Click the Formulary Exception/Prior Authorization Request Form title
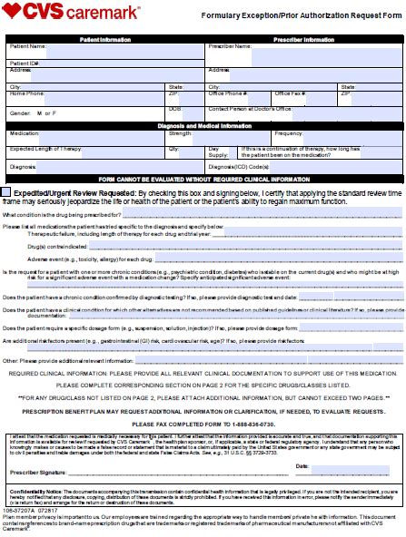pos(301,16)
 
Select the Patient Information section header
pos(104,40)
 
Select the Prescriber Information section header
pos(304,40)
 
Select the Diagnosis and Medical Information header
pos(203,124)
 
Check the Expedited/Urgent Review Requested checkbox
pos(7,192)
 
